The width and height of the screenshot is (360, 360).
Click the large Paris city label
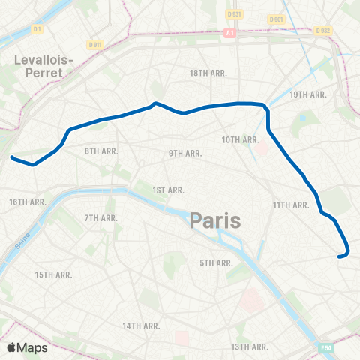[215, 220]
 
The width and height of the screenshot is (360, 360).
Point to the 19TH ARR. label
[308, 94]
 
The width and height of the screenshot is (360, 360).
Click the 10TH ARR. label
[241, 139]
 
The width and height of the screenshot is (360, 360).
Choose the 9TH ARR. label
[185, 153]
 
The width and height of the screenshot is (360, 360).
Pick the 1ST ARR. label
[168, 190]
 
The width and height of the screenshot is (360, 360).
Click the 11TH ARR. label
[291, 205]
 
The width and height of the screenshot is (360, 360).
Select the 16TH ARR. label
[28, 202]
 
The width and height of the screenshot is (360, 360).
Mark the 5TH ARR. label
[217, 262]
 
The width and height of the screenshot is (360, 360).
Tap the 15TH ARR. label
[53, 274]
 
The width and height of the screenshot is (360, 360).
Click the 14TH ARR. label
[142, 325]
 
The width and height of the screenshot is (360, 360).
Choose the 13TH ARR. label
[250, 346]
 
